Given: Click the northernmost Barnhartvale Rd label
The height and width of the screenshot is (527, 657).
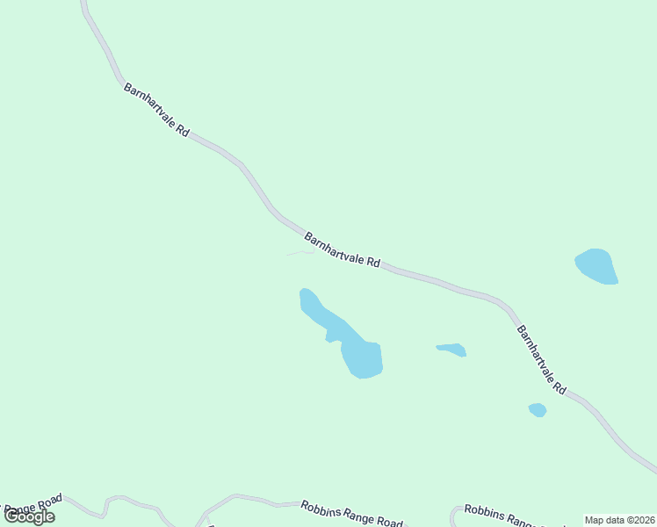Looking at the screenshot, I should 156,110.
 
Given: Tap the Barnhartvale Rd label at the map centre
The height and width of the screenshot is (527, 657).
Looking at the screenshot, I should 342,250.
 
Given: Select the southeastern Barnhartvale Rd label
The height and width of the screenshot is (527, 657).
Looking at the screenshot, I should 541,360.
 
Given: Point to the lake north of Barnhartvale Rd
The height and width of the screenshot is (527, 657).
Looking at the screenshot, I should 596,266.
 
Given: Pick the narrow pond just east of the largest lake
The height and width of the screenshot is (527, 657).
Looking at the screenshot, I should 451,350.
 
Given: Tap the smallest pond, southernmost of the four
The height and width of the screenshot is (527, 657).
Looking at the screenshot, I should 538,409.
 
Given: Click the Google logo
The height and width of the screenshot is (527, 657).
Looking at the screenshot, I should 29,516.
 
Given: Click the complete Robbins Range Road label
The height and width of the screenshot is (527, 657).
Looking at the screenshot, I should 351,514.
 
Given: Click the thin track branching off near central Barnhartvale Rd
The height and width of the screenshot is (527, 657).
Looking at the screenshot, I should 299,254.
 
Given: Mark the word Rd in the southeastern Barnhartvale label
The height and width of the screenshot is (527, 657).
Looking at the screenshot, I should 559,385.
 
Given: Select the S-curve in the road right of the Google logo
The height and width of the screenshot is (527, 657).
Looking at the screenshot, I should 110,503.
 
